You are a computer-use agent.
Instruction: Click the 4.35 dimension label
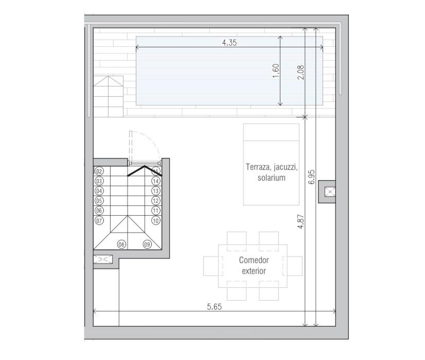coord(229,43)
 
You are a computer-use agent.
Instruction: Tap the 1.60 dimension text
coord(275,71)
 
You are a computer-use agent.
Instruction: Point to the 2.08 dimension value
coord(300,72)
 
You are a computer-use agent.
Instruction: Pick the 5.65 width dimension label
coord(214,306)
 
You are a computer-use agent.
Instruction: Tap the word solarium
coord(271,178)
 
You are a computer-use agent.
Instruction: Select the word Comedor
coord(254,261)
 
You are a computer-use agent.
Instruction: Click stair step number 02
coord(99,172)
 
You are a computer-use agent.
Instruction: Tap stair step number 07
coord(99,220)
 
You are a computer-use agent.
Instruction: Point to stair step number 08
coord(122,244)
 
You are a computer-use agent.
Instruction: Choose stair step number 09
coord(147,244)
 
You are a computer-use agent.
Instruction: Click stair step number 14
coord(155,181)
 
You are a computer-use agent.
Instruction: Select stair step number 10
coord(155,220)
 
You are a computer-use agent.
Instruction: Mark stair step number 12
coord(155,201)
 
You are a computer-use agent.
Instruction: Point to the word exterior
coord(254,271)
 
